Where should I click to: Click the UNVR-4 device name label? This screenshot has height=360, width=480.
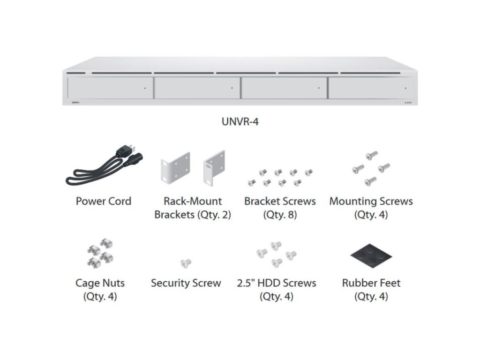coord(240,122)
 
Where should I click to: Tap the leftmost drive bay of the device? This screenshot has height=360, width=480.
coord(110,88)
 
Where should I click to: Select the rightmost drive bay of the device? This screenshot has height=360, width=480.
coord(371,88)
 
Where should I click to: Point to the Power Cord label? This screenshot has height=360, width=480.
coord(104,202)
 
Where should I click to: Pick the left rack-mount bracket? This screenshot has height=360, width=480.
coord(175,166)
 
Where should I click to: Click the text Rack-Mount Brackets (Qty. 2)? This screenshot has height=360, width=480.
coord(193,209)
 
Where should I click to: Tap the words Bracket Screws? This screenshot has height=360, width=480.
coord(280,202)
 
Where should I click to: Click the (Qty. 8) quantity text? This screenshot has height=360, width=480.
coord(280,216)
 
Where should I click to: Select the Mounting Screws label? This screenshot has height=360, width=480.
coord(371,202)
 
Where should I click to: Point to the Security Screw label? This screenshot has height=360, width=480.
coord(186,283)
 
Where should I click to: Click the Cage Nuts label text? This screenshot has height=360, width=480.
coord(100,283)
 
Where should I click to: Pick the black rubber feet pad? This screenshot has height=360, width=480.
coord(371,256)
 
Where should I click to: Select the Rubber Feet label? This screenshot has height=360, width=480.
coord(371,283)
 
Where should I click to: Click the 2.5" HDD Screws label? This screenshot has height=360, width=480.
coord(276,283)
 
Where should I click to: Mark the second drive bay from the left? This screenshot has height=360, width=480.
coord(197,88)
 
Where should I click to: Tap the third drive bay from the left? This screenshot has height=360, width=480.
coord(284,88)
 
